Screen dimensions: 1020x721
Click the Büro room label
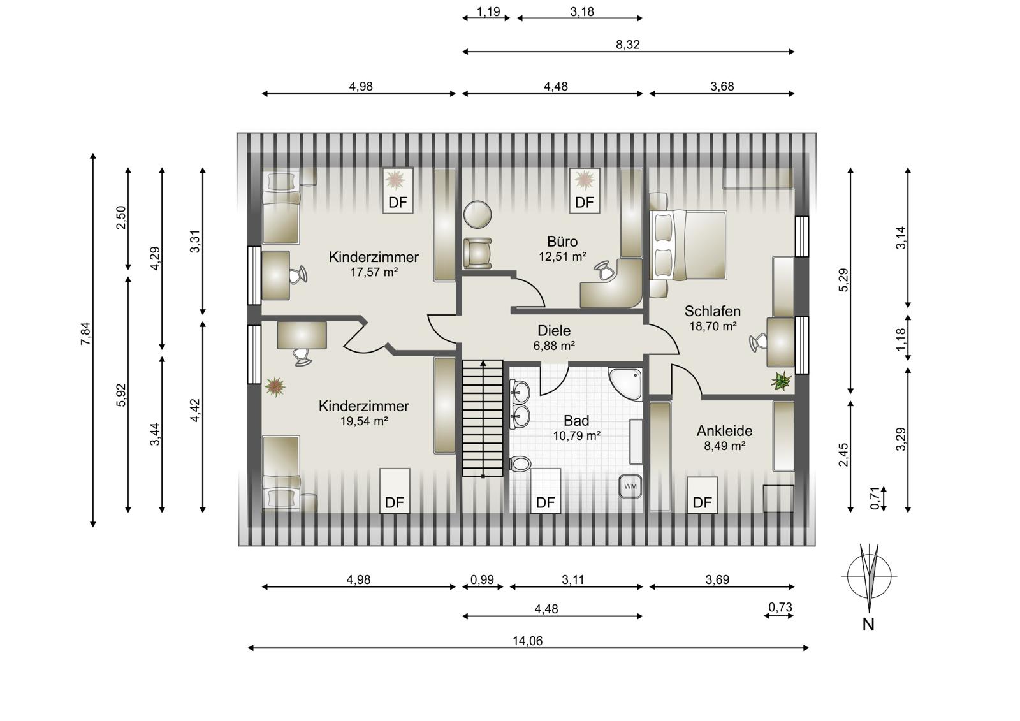tap(562, 242)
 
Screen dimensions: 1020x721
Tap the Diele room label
tap(554, 331)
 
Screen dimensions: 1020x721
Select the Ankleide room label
tap(724, 431)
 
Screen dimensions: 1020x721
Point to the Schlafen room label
tap(713, 312)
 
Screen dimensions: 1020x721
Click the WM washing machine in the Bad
tap(630, 486)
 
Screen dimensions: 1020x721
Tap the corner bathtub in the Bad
tap(626, 384)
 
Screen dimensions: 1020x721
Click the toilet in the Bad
tap(520, 464)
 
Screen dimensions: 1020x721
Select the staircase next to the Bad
tap(483, 418)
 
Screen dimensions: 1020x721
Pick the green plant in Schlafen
tap(782, 381)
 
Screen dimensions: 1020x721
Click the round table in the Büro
tap(477, 215)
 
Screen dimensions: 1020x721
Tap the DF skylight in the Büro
tap(585, 191)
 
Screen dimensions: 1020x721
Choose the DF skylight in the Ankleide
tap(702, 495)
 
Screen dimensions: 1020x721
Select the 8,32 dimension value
tap(628, 45)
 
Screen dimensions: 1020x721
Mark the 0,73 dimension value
tap(780, 607)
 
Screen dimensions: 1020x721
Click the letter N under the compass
tap(868, 625)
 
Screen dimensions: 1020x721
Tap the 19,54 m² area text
tap(364, 421)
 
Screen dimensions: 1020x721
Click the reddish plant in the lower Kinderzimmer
tap(275, 387)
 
